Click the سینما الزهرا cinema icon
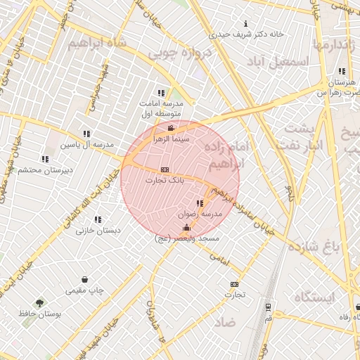point(172,128)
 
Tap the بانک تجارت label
point(164,181)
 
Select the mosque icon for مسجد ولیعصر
point(186,228)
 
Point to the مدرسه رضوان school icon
point(200,203)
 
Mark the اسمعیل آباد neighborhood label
point(284,61)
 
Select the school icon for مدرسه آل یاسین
point(86,133)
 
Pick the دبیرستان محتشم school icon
point(45,159)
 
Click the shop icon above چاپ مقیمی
point(84,279)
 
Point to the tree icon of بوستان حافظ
point(39,303)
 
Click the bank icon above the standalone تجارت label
point(233,284)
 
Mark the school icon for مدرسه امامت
point(161,92)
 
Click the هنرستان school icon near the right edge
point(341,71)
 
